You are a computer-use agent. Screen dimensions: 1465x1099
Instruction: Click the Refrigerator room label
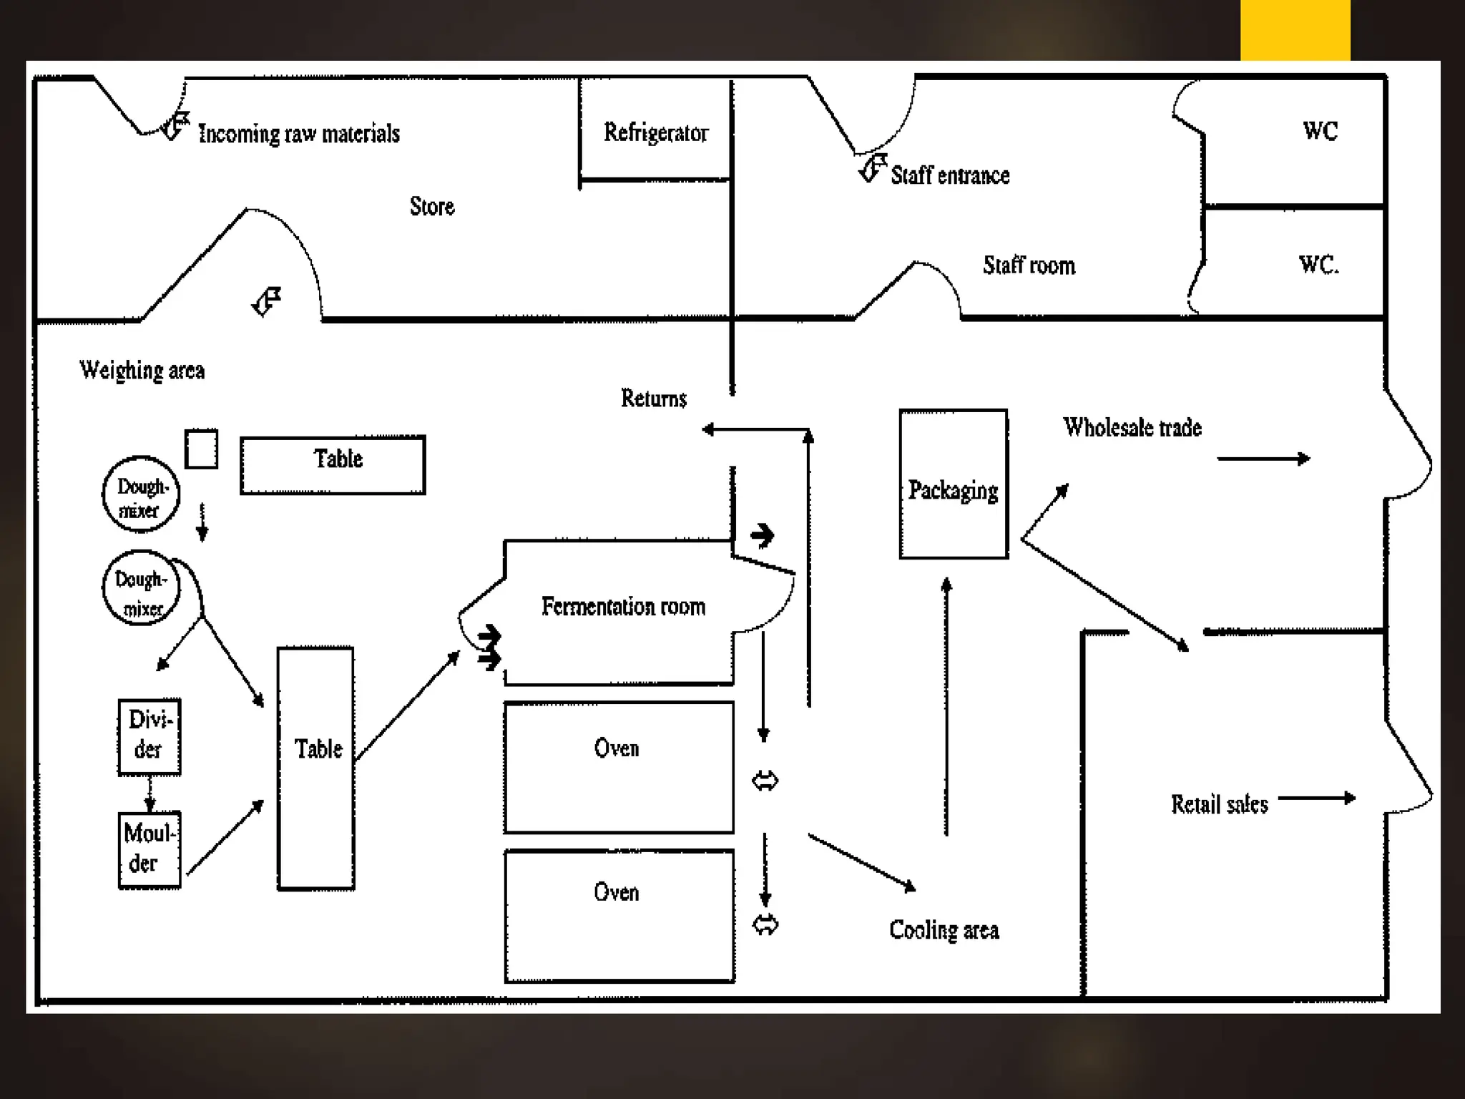[x=656, y=132]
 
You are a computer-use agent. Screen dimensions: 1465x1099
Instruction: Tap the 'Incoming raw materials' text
[x=299, y=134]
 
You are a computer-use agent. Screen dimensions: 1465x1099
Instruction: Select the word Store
[x=432, y=206]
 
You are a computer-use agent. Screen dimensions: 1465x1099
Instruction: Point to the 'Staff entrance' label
[x=950, y=175]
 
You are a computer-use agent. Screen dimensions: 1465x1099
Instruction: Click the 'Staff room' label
[x=1029, y=265]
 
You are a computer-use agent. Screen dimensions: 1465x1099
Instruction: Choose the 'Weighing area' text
[x=142, y=371]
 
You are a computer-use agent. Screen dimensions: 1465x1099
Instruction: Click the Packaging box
[x=954, y=484]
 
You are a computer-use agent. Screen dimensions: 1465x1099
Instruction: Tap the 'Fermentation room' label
[x=623, y=607]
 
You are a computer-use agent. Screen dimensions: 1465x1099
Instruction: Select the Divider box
[x=150, y=737]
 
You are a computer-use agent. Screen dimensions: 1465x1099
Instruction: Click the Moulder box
[x=150, y=850]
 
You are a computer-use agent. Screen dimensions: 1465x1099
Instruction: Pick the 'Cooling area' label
[x=944, y=930]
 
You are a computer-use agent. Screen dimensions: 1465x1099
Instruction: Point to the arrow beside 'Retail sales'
[x=1317, y=798]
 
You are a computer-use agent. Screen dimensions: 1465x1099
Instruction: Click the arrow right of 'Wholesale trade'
[x=1264, y=459]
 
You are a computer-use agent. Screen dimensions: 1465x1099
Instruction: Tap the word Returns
[x=654, y=398]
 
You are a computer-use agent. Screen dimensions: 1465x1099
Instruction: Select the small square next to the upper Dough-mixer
[x=202, y=449]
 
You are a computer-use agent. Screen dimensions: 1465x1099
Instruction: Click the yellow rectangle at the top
[x=1295, y=30]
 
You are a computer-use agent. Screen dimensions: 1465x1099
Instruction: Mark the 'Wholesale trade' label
[x=1132, y=428]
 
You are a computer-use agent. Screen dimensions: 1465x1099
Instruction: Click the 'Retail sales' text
[x=1220, y=804]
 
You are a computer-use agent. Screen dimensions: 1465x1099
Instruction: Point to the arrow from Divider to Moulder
[x=150, y=793]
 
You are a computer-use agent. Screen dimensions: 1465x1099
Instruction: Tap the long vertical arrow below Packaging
[x=946, y=706]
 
